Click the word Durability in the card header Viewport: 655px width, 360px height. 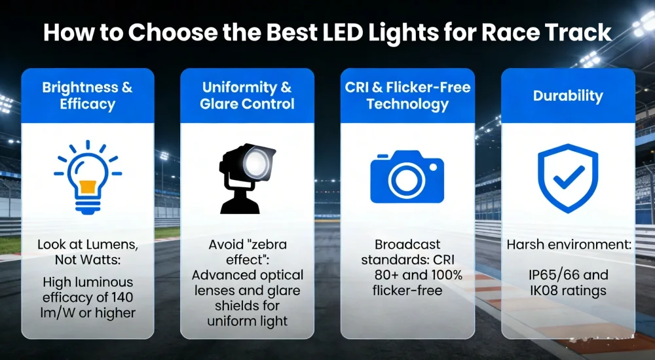tap(568, 96)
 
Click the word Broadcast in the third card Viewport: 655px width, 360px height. tap(407, 244)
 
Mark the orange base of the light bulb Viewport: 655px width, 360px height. tap(88, 188)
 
